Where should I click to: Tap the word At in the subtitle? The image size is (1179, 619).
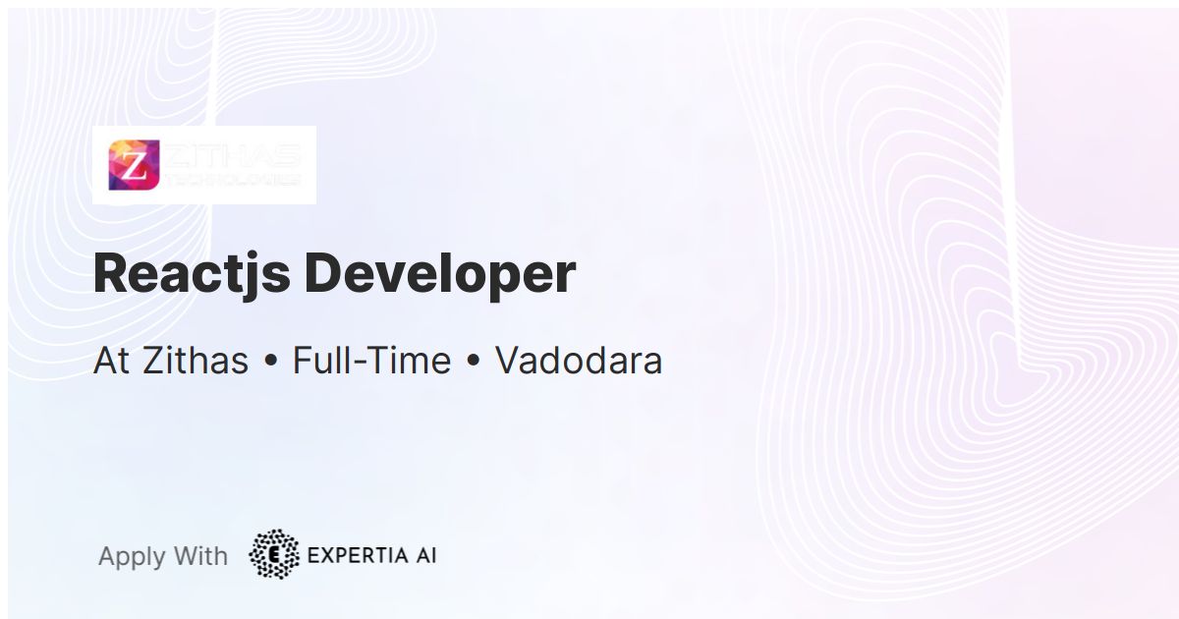[x=111, y=361]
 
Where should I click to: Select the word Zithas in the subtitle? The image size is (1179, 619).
[x=196, y=361]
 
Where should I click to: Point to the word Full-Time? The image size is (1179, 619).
[x=371, y=361]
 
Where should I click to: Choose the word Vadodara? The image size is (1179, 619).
[x=579, y=361]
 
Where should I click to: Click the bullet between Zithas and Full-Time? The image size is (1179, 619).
[x=270, y=363]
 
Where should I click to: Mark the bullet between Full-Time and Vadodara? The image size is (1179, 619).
[x=473, y=363]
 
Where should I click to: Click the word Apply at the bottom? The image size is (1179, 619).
[x=132, y=556]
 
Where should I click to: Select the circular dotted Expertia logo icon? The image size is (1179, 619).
[x=274, y=554]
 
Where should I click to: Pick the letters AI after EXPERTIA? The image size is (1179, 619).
[x=424, y=555]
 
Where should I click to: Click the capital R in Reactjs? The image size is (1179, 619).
[x=110, y=273]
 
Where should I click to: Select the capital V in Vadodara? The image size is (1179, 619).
[x=507, y=361]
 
